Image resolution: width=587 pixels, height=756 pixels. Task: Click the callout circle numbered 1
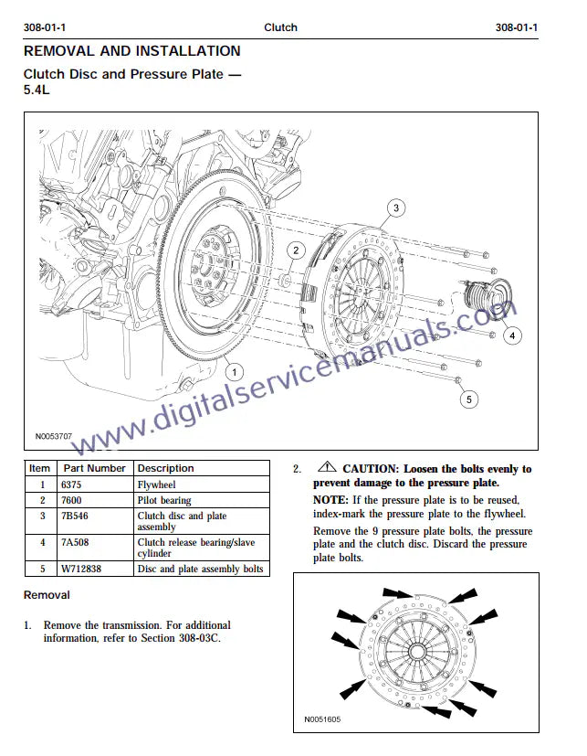(235, 372)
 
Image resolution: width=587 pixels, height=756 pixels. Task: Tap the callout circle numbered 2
(296, 250)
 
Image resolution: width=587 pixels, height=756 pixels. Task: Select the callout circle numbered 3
(395, 208)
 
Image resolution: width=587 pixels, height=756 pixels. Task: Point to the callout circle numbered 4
(512, 335)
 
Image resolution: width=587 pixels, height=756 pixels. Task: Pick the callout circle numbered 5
(468, 399)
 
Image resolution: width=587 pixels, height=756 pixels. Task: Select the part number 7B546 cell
(75, 516)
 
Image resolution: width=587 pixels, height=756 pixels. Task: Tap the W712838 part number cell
(82, 569)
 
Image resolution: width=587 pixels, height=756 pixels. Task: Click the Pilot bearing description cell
(164, 500)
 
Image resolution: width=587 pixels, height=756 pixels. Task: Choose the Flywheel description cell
(156, 484)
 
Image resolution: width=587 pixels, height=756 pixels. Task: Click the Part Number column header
(94, 468)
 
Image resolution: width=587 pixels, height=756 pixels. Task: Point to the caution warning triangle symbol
(329, 468)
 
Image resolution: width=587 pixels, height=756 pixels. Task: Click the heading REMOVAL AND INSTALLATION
(131, 51)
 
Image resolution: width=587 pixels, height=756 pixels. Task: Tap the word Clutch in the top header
(280, 27)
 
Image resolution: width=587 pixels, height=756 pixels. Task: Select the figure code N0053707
(54, 437)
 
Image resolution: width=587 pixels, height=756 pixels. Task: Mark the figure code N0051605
(321, 719)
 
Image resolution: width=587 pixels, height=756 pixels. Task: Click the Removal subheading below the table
(47, 595)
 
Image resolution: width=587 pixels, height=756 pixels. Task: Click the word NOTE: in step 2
(330, 500)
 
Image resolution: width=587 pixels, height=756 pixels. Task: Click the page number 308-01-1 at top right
(517, 27)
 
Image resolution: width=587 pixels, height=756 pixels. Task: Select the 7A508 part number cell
(73, 542)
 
